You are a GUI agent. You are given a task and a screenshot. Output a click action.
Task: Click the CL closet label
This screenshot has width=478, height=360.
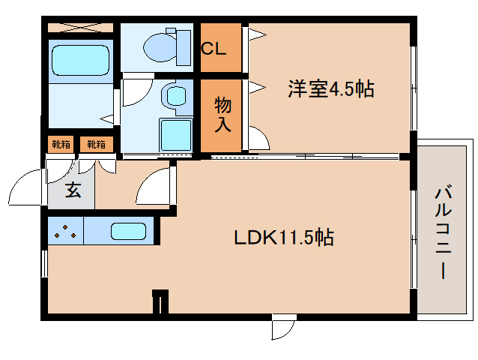[x=214, y=48]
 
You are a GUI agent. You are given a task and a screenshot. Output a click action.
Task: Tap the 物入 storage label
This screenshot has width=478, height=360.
[x=223, y=115]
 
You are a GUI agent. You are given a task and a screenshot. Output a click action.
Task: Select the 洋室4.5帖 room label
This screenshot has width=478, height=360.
[x=331, y=88]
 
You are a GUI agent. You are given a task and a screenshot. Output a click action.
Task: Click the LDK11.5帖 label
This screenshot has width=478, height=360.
[x=284, y=237]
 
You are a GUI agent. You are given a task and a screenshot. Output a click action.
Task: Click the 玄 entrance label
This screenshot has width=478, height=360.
[x=73, y=190]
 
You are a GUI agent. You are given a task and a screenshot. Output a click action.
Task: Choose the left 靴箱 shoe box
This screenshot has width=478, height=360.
[x=61, y=144]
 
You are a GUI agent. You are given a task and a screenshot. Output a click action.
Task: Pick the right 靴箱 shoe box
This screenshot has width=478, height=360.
[x=97, y=144]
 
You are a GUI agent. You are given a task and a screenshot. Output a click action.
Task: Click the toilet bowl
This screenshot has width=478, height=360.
[x=159, y=47]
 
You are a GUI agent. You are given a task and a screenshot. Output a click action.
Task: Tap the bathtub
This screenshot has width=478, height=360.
[x=80, y=60]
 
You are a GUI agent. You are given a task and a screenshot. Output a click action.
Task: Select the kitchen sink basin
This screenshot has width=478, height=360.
[x=128, y=231]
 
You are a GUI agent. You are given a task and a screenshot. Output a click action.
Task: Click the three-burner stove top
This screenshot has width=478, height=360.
[x=65, y=231]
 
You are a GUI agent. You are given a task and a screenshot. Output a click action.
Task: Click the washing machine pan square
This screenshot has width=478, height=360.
[x=176, y=135]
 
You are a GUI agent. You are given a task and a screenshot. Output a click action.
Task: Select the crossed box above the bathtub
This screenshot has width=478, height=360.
[x=80, y=28]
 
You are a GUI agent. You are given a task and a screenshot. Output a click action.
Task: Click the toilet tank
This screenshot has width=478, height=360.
[x=184, y=47]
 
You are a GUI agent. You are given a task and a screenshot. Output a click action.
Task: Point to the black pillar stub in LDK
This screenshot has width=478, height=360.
[x=160, y=301]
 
